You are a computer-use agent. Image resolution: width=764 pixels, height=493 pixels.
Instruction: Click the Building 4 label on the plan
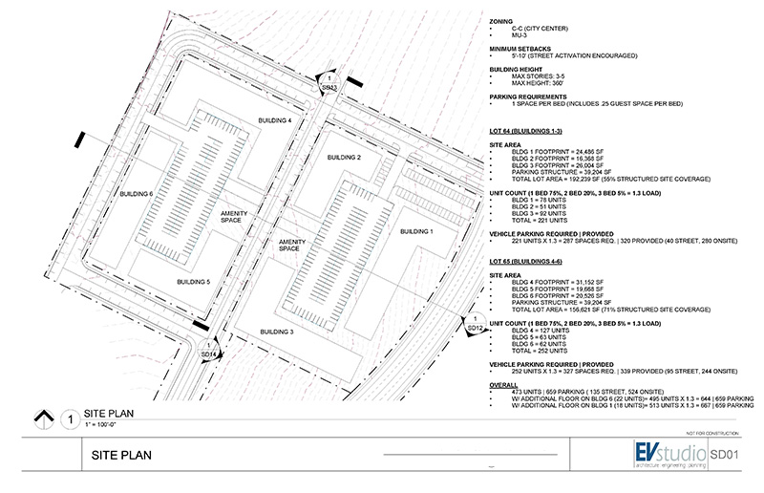click(275, 119)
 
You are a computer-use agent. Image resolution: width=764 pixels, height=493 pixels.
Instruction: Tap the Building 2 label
click(344, 157)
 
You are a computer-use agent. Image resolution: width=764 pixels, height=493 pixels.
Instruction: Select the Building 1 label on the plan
click(415, 232)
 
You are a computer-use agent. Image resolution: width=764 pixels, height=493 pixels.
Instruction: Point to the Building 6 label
click(136, 194)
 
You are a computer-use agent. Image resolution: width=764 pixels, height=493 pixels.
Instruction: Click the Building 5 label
click(193, 282)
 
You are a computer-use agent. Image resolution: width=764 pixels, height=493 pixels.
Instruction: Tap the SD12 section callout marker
click(473, 324)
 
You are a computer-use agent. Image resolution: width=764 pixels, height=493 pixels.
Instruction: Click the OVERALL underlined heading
click(505, 385)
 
